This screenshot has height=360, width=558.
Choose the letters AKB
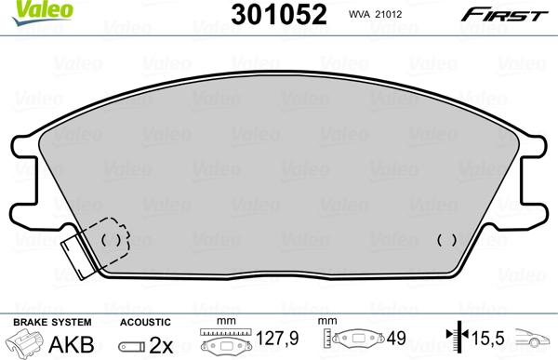point(71,342)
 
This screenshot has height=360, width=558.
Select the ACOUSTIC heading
point(145,321)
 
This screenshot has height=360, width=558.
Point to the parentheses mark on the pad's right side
point(446,239)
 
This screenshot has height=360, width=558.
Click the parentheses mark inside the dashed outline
point(110,240)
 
